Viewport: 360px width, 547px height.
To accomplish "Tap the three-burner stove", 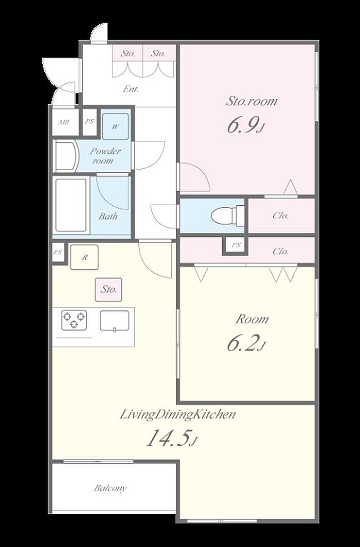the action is click(74, 320).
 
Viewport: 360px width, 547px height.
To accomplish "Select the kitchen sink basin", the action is click(114, 320).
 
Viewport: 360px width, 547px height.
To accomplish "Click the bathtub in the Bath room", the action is click(71, 205).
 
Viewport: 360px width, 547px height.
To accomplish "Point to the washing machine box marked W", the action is click(115, 126).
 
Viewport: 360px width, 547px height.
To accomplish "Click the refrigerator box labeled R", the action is click(84, 257).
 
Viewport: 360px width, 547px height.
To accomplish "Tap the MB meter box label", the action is click(63, 122).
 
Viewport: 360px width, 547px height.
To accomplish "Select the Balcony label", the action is click(110, 488).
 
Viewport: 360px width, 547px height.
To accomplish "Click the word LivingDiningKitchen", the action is click(178, 415).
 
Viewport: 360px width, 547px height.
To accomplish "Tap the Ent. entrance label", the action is click(131, 89).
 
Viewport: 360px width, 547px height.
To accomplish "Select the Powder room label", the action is click(105, 156).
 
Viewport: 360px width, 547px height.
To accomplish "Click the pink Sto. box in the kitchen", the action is click(109, 289).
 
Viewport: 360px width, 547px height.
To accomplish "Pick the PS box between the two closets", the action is click(236, 245).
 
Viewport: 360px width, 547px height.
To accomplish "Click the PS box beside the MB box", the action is click(89, 122).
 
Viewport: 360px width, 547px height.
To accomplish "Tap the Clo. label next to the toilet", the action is click(280, 215).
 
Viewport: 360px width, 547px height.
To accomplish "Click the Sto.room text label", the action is click(251, 101).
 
